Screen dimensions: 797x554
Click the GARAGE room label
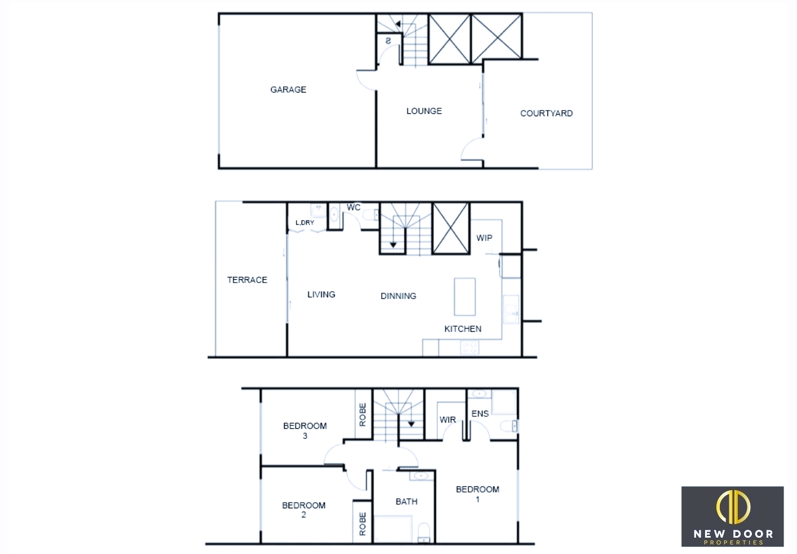coord(288,89)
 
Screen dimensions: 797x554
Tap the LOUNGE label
coord(424,111)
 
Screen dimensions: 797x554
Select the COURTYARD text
coord(547,113)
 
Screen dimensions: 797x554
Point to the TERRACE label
coord(247,280)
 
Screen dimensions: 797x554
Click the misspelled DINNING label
coord(398,296)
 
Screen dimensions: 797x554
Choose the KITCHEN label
coord(463,329)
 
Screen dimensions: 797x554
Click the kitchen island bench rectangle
coord(464,297)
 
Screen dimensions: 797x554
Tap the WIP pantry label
coord(484,238)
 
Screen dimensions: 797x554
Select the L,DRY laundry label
coord(305,222)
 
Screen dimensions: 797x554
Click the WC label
coord(353,208)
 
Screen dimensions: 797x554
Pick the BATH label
coord(407,502)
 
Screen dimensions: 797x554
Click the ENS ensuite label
coord(480,414)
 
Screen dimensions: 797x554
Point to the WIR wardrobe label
coord(448,420)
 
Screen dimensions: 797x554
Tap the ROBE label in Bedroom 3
coord(362,415)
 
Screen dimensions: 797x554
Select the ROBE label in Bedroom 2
coord(362,524)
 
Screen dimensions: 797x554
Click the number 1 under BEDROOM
coord(478,499)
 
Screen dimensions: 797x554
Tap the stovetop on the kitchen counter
coord(470,348)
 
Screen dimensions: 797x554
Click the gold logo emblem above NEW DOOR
coord(733,507)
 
